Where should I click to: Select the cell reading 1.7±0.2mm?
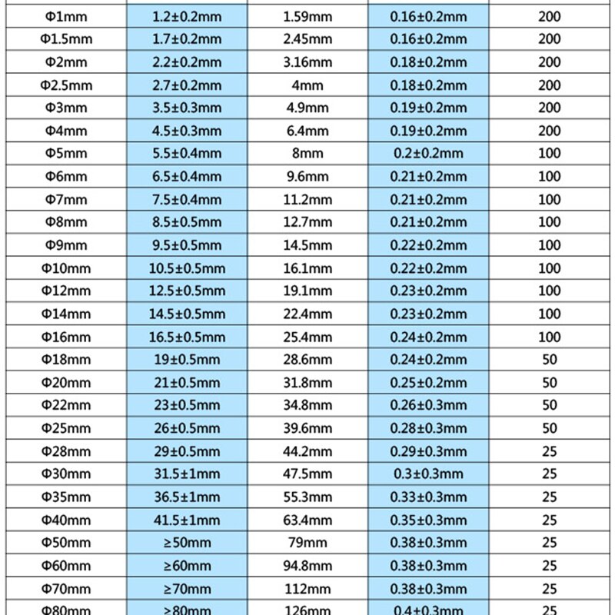pos(187,39)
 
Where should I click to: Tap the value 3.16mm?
pos(307,62)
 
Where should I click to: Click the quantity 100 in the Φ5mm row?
pos(550,154)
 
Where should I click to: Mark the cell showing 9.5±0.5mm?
pos(187,245)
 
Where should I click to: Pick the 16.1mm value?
pos(307,268)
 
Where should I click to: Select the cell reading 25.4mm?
pos(307,337)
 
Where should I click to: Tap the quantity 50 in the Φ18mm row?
pos(550,360)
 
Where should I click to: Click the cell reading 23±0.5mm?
pos(187,405)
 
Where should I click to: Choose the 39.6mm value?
pos(307,428)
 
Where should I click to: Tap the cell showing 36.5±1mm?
pos(187,497)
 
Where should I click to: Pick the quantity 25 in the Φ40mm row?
pos(550,520)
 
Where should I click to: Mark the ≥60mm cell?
pos(187,566)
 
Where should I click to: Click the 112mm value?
pos(307,589)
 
